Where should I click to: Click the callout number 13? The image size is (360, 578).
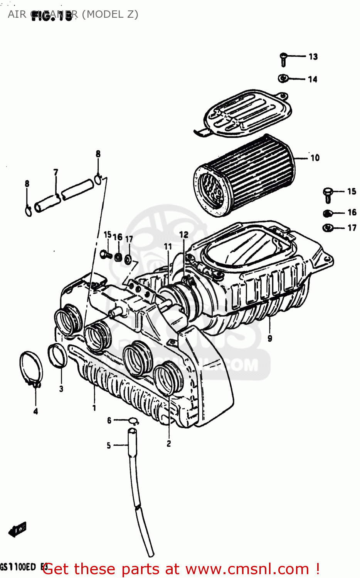tap(313, 57)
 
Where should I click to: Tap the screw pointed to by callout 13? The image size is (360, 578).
tap(283, 59)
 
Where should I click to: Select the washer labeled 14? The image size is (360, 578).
tap(283, 79)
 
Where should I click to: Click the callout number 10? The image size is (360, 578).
tap(315, 158)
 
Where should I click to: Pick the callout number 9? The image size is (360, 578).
tap(270, 338)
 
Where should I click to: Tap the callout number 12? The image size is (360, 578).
tap(184, 234)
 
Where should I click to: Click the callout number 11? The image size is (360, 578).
tap(168, 246)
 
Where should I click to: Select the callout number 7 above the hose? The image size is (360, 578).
tap(56, 172)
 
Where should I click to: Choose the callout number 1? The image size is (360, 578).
tap(94, 407)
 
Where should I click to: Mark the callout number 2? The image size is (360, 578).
tap(169, 444)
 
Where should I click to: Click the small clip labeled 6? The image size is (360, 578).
tap(133, 421)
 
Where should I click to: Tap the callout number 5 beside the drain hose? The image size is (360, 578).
tap(109, 445)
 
